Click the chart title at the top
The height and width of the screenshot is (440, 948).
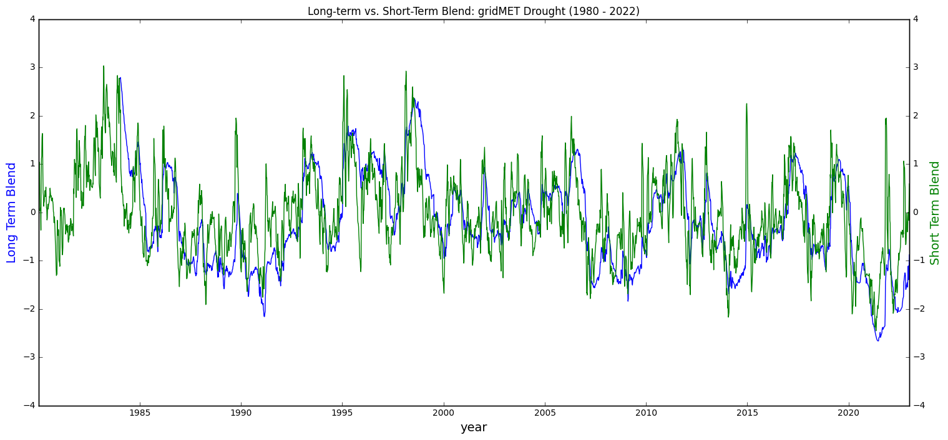[473, 11]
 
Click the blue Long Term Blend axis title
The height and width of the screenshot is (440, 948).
[11, 213]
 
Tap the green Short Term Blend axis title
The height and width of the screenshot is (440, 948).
[935, 213]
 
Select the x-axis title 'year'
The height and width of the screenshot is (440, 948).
[473, 428]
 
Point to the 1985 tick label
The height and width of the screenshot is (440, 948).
[140, 413]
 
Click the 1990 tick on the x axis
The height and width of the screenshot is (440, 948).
[241, 413]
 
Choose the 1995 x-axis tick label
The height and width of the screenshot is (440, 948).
[342, 413]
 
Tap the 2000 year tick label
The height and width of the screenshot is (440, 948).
[444, 413]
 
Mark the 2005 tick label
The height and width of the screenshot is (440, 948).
[545, 413]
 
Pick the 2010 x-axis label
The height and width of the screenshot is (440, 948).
[646, 413]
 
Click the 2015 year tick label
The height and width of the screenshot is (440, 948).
[747, 413]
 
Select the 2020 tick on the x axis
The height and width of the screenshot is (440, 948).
[849, 413]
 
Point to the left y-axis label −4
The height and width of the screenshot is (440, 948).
[30, 406]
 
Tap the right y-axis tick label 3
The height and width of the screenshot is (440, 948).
[916, 67]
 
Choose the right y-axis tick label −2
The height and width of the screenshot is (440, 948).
[918, 309]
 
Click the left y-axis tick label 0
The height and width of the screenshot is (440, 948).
[32, 213]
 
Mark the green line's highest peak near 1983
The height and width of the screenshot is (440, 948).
[104, 66]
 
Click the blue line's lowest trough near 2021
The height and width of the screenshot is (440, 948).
[877, 340]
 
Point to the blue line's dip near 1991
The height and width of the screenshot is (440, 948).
[264, 316]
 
